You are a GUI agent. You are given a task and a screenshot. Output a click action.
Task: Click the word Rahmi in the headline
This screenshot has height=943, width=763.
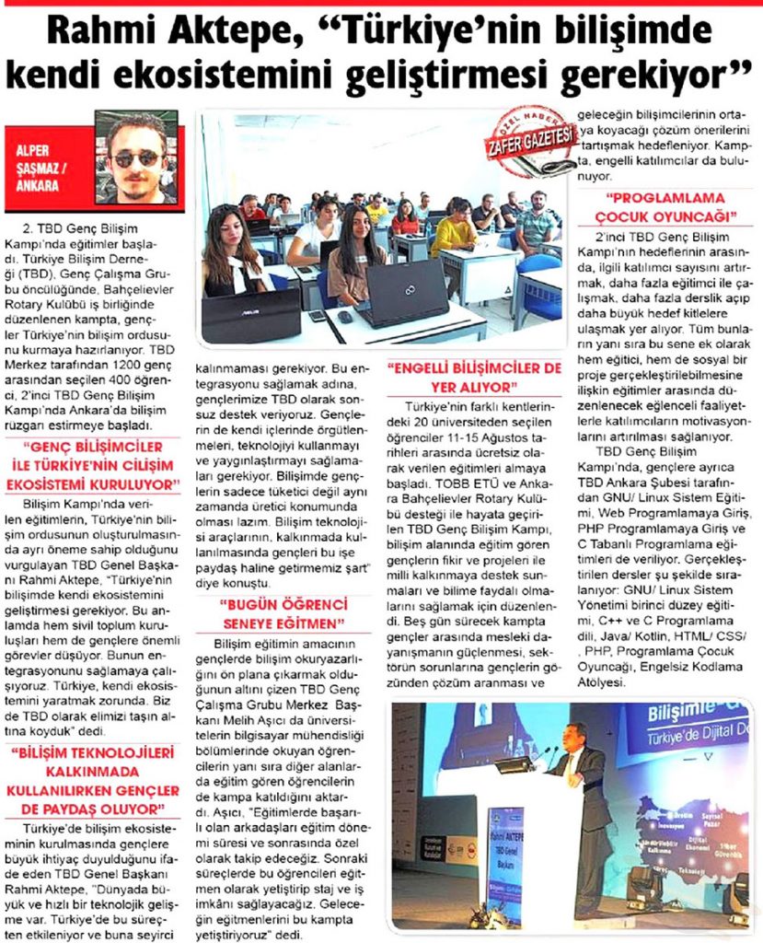(x=99, y=35)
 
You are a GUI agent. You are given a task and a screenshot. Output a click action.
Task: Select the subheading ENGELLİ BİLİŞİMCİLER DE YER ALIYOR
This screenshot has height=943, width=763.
(x=475, y=378)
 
